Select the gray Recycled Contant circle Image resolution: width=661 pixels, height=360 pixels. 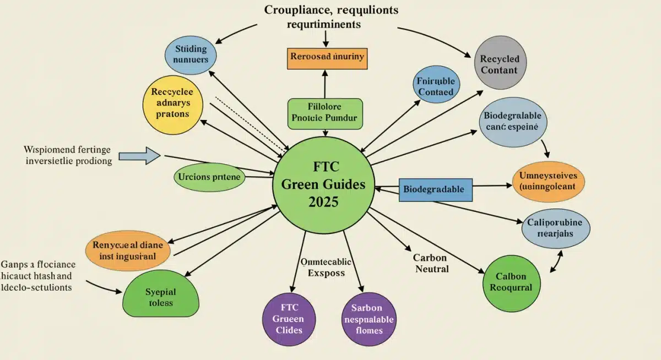[x=499, y=64]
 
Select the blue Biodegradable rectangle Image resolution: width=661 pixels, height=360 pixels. [x=435, y=189]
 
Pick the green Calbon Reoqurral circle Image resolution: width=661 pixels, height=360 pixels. [x=511, y=282]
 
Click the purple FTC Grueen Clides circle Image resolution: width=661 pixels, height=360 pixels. [x=288, y=319]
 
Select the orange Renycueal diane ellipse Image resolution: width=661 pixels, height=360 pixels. [x=128, y=251]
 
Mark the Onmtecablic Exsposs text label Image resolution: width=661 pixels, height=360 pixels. [x=326, y=267]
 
